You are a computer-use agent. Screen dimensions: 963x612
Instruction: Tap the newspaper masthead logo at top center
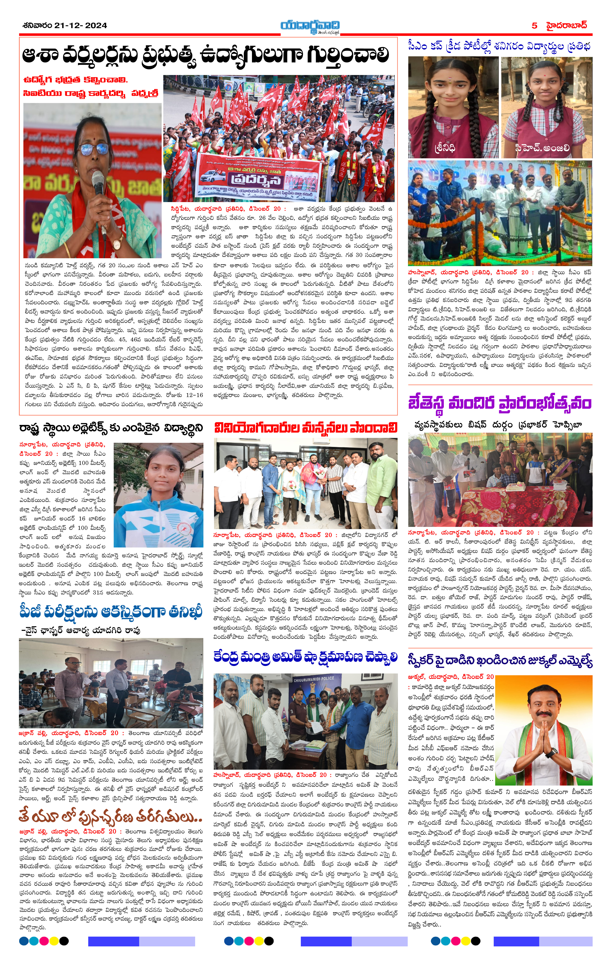point(310,26)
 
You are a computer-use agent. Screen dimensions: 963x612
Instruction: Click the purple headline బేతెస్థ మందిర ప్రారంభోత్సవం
point(499,403)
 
